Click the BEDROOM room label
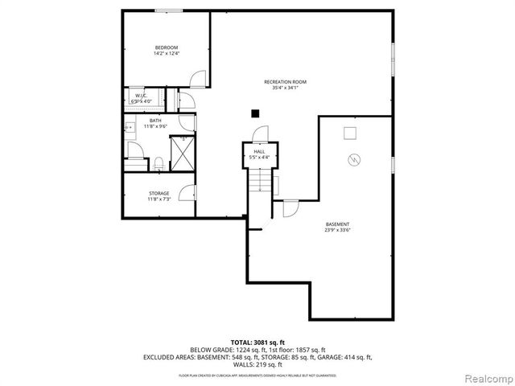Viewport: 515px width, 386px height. click(x=165, y=48)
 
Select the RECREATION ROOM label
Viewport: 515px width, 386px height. click(x=285, y=81)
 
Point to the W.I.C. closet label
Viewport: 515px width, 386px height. click(x=141, y=96)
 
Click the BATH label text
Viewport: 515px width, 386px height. click(x=154, y=121)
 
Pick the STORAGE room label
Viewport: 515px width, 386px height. click(x=159, y=193)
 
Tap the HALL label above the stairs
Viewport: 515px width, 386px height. click(x=259, y=151)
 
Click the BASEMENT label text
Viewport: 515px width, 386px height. click(x=337, y=224)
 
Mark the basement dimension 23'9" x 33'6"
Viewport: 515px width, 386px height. click(x=337, y=230)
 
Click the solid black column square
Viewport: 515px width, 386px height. click(x=255, y=113)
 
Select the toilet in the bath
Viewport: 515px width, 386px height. click(x=159, y=163)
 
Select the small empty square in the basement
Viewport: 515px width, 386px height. click(x=350, y=132)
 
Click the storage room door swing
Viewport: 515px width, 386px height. click(x=187, y=193)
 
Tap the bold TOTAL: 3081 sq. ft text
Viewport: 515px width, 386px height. click(x=257, y=342)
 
